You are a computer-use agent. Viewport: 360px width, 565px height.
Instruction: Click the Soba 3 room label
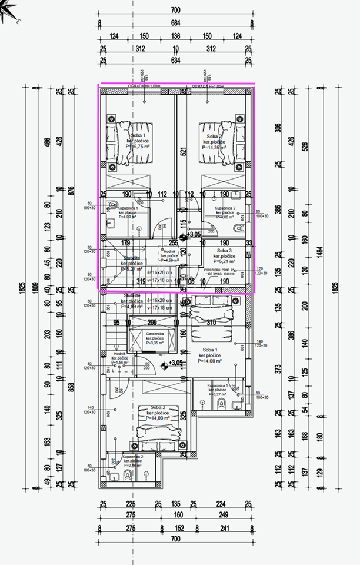coord(224,250)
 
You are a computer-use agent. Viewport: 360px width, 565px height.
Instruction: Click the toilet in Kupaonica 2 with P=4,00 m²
coord(237,228)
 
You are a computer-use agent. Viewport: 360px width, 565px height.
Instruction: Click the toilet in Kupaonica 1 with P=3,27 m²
coord(222,403)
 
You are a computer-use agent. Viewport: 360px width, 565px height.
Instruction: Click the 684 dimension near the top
coord(175,24)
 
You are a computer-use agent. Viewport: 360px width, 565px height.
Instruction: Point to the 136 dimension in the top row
coord(175,36)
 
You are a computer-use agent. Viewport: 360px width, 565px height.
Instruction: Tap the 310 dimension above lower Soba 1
coord(211,322)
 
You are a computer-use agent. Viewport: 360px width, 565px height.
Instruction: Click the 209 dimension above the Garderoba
coord(152,322)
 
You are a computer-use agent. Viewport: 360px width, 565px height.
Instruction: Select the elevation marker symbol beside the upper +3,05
coord(182,235)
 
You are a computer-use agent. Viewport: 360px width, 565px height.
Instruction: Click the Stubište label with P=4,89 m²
coord(131,301)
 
